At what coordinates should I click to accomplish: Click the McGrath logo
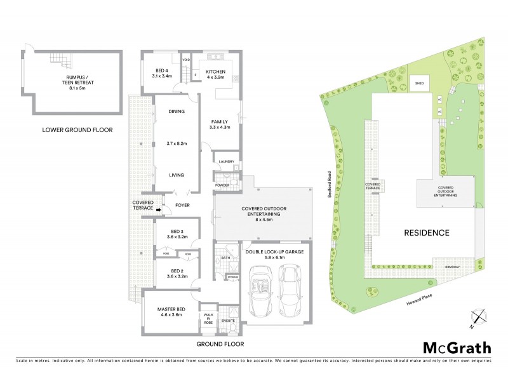tap(457, 347)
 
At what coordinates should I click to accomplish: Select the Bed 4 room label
tap(163, 73)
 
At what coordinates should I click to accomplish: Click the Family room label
tap(220, 124)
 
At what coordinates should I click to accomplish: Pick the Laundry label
tap(227, 161)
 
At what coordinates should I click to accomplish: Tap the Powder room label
tap(223, 185)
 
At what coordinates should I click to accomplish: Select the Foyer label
tap(183, 205)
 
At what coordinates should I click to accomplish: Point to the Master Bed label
tap(170, 311)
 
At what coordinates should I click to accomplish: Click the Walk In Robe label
tap(208, 317)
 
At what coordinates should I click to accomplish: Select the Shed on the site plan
tap(419, 83)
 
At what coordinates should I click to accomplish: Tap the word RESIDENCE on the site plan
tap(427, 232)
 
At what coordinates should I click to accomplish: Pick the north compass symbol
tap(479, 317)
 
